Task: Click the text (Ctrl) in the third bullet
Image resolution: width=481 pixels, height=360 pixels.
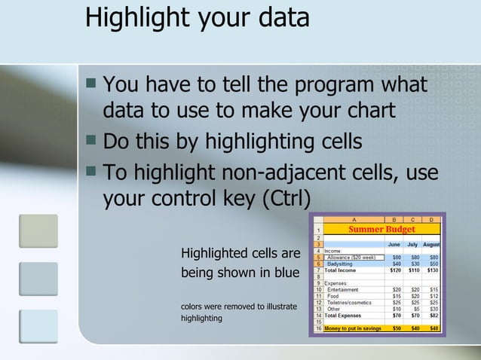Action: (285, 199)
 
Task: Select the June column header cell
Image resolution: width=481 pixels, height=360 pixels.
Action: (394, 245)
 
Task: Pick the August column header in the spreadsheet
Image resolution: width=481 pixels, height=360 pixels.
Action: (431, 245)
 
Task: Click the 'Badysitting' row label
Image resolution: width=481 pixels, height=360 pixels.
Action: (343, 264)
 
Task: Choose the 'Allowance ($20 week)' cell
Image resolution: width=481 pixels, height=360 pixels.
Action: (351, 257)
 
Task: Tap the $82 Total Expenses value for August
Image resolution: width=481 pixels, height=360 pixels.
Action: (434, 315)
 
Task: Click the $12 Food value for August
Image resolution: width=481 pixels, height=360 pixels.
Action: (434, 296)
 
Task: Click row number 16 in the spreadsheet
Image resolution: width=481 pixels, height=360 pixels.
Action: (319, 328)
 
